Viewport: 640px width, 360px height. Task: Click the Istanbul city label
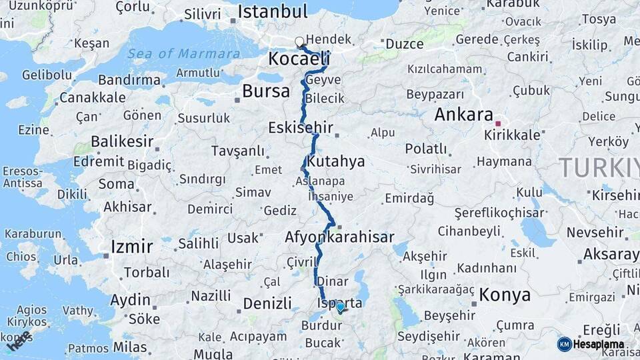pyautogui.click(x=272, y=11)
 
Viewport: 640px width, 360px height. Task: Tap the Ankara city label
pyautogui.click(x=463, y=114)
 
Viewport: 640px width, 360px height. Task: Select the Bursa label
pyautogui.click(x=266, y=91)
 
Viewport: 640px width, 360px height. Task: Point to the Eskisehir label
pyautogui.click(x=300, y=127)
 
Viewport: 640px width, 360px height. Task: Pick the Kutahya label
pyautogui.click(x=337, y=161)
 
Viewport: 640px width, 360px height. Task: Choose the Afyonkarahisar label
pyautogui.click(x=339, y=237)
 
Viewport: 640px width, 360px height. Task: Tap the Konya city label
pyautogui.click(x=505, y=295)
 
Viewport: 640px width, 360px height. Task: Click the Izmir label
pyautogui.click(x=131, y=246)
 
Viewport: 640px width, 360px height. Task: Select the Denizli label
pyautogui.click(x=267, y=303)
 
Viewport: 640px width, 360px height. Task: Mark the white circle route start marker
pyautogui.click(x=299, y=42)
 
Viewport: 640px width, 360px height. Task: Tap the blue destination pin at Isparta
pyautogui.click(x=341, y=307)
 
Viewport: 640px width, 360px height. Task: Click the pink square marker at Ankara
pyautogui.click(x=497, y=123)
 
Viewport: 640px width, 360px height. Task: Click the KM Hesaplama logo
pyautogui.click(x=591, y=344)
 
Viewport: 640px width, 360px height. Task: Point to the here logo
pyautogui.click(x=18, y=341)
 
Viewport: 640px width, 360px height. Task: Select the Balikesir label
pyautogui.click(x=122, y=141)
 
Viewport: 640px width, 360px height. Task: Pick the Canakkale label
pyautogui.click(x=92, y=98)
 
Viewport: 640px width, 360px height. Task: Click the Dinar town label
pyautogui.click(x=332, y=281)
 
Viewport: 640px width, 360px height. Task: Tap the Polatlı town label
pyautogui.click(x=426, y=148)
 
